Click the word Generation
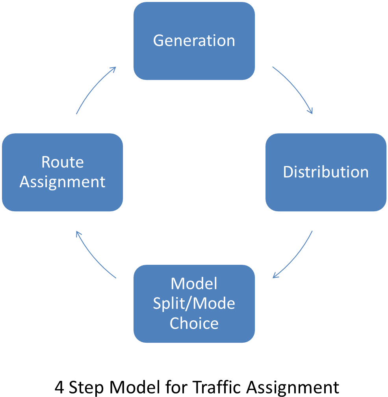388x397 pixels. pyautogui.click(x=194, y=41)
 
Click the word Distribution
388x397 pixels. pyautogui.click(x=326, y=172)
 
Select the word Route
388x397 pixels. pyautogui.click(x=62, y=162)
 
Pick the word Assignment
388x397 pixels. pyautogui.click(x=62, y=182)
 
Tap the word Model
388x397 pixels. pyautogui.click(x=194, y=283)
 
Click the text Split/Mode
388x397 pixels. pyautogui.click(x=194, y=303)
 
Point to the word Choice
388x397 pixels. pyautogui.click(x=194, y=323)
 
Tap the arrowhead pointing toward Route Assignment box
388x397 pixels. pyautogui.click(x=78, y=233)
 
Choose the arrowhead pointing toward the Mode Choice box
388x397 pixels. pyautogui.click(x=275, y=276)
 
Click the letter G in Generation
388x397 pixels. pyautogui.click(x=158, y=41)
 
